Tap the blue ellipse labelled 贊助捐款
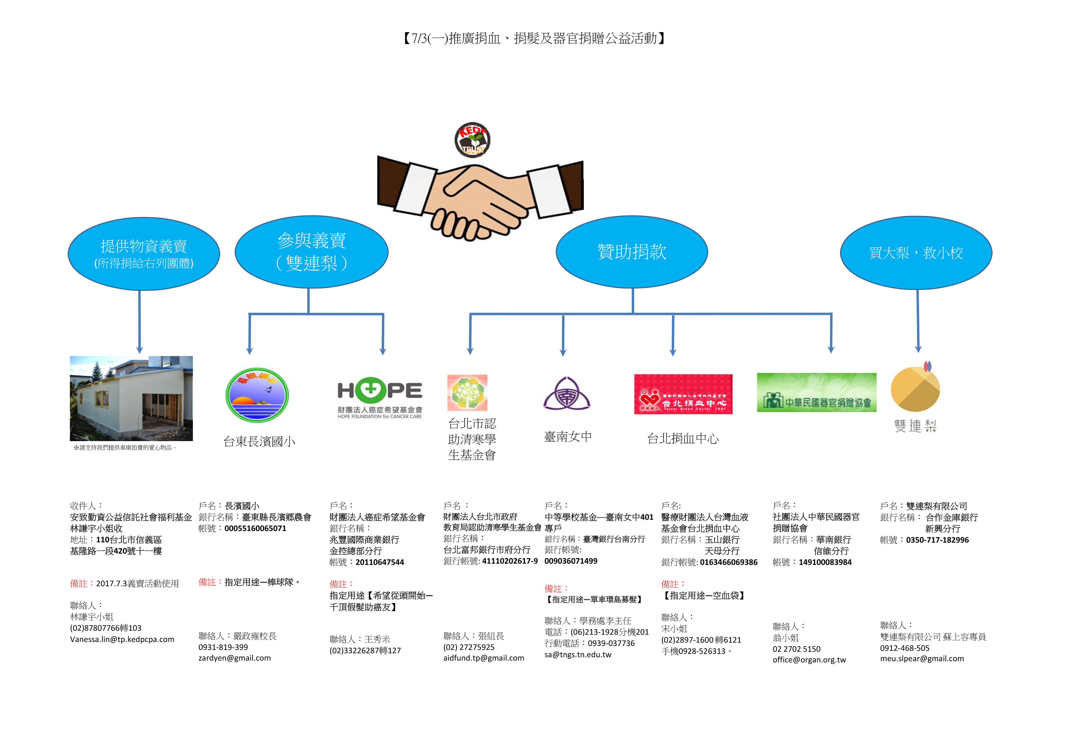632,252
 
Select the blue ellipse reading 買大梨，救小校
916,252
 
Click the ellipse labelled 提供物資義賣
144,254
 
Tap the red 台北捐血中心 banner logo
683,394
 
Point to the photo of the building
131,398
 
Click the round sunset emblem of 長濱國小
257,395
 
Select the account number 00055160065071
255,529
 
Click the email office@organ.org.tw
809,660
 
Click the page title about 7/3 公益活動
534,38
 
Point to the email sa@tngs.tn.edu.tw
578,655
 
